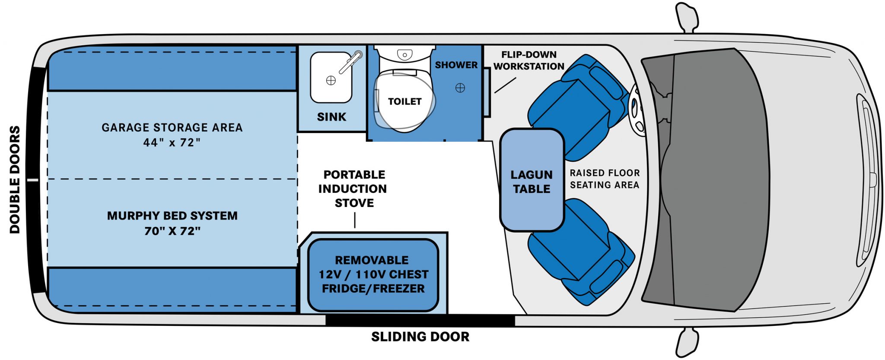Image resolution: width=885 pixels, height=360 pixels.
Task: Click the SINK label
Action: click(331, 117)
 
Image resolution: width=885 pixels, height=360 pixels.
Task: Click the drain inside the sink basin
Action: click(331, 80)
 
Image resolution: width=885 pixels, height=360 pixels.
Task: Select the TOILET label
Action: click(404, 102)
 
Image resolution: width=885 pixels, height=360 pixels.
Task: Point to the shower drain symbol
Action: click(460, 88)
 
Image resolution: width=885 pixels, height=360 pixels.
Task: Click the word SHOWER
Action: click(456, 65)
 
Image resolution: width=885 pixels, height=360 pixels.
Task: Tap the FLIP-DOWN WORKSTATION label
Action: click(528, 61)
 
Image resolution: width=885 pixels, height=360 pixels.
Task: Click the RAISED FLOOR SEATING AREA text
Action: click(604, 179)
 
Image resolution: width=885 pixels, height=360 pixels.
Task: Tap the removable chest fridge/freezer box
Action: click(372, 275)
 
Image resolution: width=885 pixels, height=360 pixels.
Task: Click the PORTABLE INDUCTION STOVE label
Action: click(353, 189)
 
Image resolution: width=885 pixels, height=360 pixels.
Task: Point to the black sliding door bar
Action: click(420, 321)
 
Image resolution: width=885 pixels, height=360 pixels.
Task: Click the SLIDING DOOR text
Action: click(420, 337)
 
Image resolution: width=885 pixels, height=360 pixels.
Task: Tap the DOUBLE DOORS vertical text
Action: click(15, 180)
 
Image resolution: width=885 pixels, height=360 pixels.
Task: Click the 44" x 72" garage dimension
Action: click(172, 143)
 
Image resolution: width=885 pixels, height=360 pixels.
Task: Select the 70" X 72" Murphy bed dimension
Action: click(172, 231)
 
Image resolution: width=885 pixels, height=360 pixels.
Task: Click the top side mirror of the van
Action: click(687, 17)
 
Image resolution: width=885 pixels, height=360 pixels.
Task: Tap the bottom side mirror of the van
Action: click(687, 342)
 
